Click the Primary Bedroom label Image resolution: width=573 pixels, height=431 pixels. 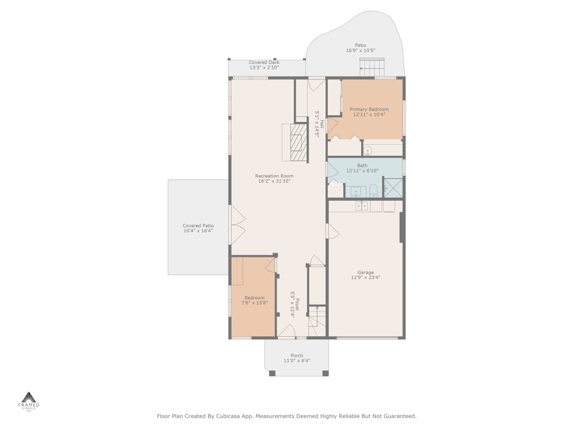click(369, 109)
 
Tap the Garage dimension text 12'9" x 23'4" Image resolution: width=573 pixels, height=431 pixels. click(366, 277)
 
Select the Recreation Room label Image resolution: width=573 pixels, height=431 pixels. click(274, 176)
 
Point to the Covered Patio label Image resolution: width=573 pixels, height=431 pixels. click(198, 226)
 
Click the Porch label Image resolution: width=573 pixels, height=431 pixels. click(297, 355)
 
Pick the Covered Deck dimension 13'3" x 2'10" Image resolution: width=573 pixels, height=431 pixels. click(264, 68)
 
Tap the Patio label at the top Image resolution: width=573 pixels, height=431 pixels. click(360, 46)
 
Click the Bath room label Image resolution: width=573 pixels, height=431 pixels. click(362, 166)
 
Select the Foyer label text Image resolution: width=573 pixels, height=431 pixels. click(298, 305)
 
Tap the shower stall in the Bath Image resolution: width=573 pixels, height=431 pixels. click(392, 188)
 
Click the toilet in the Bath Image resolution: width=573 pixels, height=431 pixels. click(373, 191)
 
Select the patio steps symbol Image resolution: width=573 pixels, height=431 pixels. click(372, 67)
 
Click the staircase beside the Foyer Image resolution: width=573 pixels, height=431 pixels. click(317, 321)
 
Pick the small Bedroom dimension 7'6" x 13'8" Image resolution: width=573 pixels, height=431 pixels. click(254, 303)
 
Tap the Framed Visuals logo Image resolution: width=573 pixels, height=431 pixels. click(29, 402)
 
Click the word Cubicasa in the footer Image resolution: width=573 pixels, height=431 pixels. click(228, 416)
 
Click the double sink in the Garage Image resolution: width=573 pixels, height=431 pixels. click(362, 206)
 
